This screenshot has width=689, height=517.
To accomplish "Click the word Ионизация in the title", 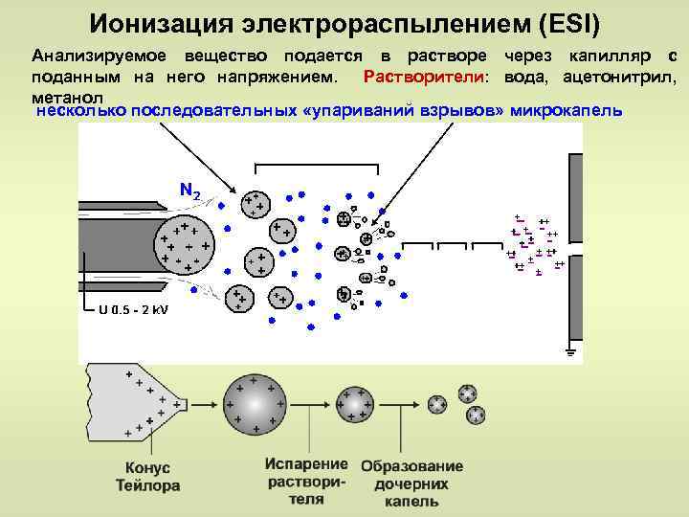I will (162, 19).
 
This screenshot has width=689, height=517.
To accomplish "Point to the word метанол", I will (64, 97).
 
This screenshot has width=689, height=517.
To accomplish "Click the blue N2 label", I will (189, 191).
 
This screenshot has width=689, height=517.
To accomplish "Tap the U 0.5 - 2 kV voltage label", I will (133, 309).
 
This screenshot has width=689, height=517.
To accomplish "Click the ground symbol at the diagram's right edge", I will (570, 352).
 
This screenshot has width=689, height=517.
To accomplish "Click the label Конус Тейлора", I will (147, 477).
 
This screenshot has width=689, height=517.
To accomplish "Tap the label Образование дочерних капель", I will (411, 483).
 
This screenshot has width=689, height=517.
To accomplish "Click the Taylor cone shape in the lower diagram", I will (134, 403).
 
